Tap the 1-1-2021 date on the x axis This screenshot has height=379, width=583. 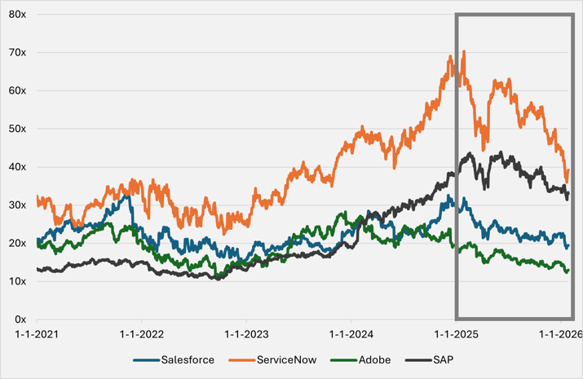36,334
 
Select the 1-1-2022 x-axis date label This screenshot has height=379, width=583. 140,334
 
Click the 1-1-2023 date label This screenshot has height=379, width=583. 245,334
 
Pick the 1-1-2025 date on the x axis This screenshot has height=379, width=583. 454,334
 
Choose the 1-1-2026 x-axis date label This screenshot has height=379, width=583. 559,334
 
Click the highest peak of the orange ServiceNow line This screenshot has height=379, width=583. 464,52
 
